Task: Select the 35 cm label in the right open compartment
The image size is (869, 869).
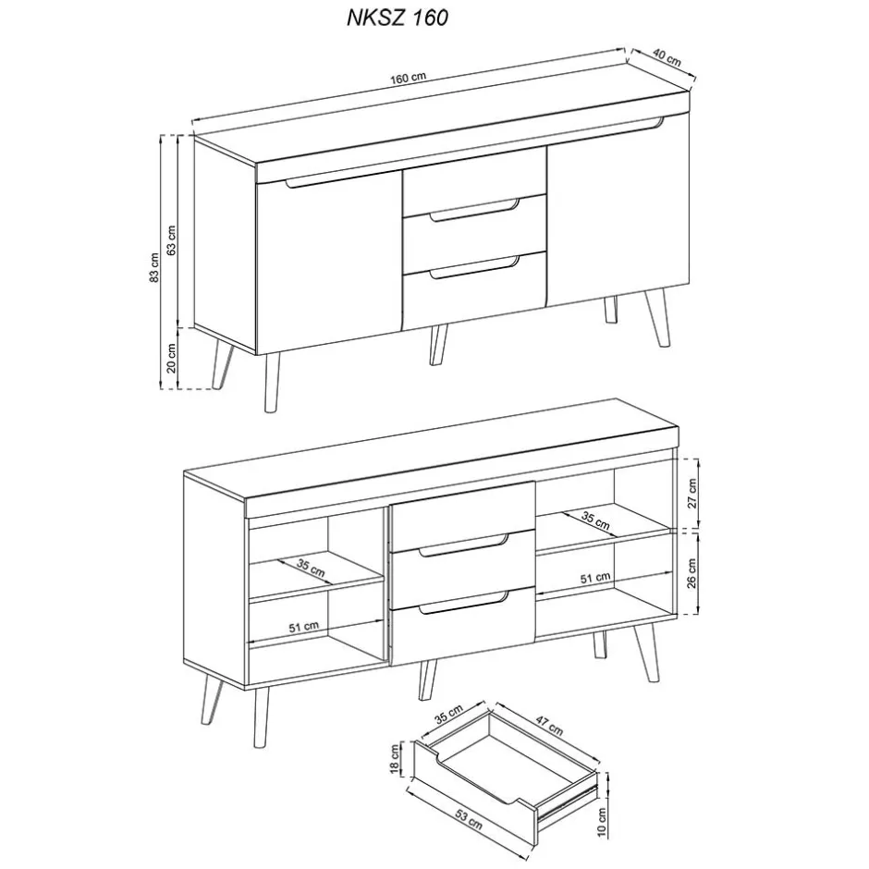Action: click(x=596, y=520)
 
